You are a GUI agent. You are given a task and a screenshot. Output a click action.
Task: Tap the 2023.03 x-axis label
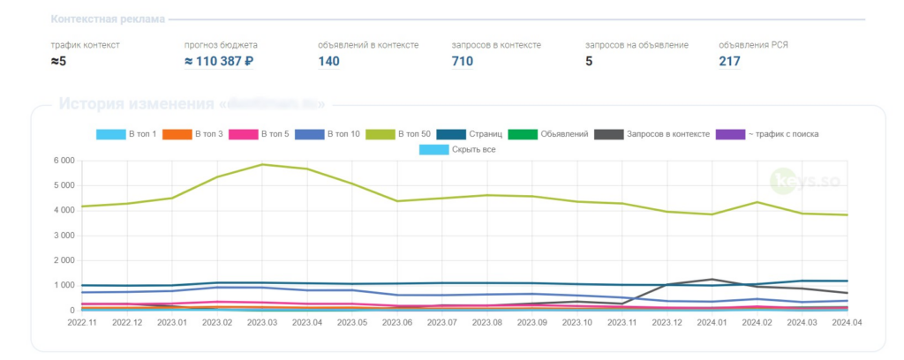point(261,323)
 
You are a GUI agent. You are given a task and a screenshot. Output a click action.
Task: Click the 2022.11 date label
point(81,323)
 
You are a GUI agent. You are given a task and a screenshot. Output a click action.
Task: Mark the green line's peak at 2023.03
point(261,164)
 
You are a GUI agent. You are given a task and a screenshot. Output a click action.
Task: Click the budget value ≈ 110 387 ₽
point(219,62)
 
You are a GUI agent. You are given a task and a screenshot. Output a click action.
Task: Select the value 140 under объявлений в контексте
point(328,62)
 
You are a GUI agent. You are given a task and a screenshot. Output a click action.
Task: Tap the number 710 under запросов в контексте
point(462,62)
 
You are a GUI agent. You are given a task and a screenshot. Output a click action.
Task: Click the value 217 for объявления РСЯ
point(729,62)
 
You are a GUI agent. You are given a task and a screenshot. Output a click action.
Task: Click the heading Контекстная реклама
point(108,19)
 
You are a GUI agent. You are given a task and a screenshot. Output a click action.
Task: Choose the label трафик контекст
point(85,44)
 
